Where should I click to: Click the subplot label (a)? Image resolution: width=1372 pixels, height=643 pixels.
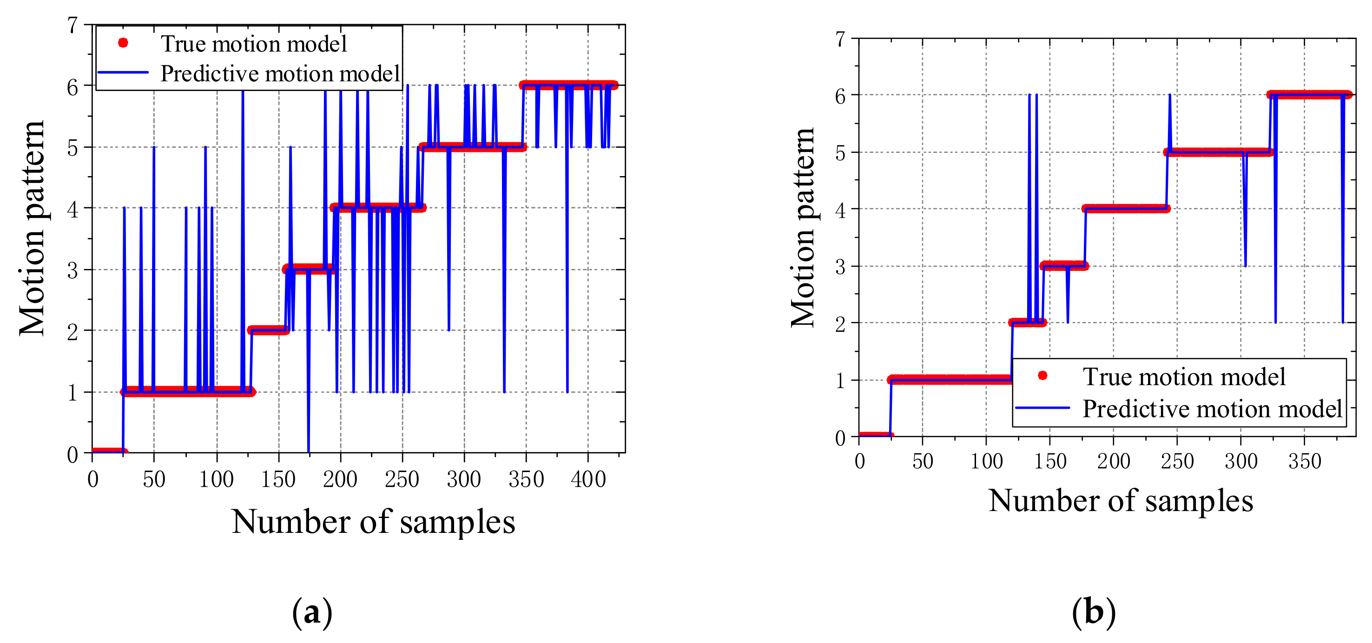(x=312, y=613)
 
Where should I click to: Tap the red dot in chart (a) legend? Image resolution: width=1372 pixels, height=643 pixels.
(x=123, y=43)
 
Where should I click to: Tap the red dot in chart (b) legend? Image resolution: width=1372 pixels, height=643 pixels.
(x=1042, y=376)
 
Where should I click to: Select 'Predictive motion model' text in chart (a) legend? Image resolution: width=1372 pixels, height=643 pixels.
(x=280, y=73)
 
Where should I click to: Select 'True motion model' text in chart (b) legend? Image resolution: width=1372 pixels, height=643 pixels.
(x=1183, y=377)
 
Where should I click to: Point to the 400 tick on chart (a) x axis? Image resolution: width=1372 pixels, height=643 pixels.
(x=588, y=479)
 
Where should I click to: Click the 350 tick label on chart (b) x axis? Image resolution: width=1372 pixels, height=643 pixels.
(x=1304, y=461)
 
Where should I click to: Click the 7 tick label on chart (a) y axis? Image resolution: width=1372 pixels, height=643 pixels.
(x=73, y=26)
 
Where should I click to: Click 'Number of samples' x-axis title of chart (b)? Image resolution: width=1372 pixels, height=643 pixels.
(x=1121, y=501)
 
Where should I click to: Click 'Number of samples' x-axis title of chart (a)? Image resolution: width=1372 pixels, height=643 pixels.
(x=373, y=522)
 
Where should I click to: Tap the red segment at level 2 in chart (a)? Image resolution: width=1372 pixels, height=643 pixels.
(x=268, y=330)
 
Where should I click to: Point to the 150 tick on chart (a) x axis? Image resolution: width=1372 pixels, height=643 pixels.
(x=278, y=479)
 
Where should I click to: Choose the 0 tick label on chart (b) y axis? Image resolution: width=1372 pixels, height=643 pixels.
(x=840, y=438)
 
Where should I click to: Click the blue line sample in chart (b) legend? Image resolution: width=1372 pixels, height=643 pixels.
(x=1042, y=408)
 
